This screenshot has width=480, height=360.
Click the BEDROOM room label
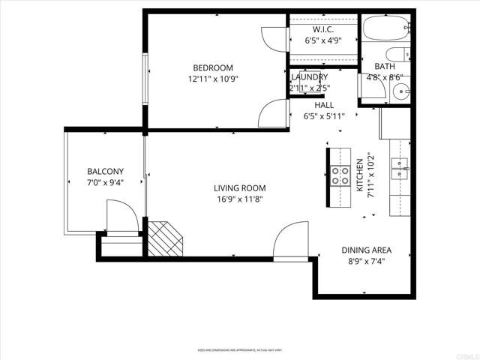click(x=212, y=67)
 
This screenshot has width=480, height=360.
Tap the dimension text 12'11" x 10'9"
click(x=212, y=78)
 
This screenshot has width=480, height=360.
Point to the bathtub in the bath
click(x=385, y=31)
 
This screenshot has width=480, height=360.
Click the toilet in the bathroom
click(x=398, y=55)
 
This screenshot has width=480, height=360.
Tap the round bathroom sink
click(x=400, y=92)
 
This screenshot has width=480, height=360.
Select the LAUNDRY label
click(x=309, y=77)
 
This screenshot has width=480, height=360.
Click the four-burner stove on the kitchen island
click(x=340, y=175)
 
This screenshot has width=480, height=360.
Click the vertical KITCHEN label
click(x=359, y=175)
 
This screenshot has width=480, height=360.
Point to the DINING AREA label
click(x=367, y=250)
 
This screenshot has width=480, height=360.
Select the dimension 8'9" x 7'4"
click(x=367, y=262)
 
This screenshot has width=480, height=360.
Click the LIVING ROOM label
click(x=240, y=188)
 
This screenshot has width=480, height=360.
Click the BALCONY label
click(x=105, y=171)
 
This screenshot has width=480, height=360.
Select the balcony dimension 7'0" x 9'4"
click(x=105, y=181)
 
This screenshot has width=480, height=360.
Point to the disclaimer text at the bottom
click(x=239, y=349)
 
